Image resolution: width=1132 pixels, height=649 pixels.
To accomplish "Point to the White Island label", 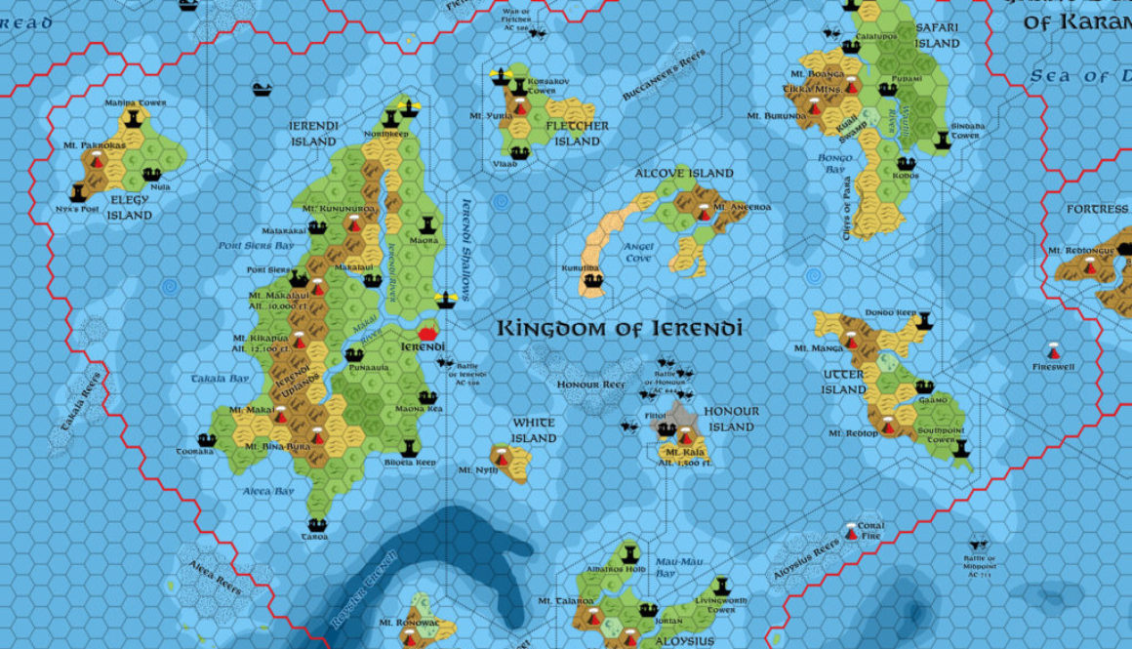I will point(534,430).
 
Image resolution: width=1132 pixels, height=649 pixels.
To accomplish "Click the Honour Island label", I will point(731,419).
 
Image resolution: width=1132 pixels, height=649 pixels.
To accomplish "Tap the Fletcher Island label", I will point(578,134).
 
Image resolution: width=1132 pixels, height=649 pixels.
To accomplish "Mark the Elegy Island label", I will point(130,208).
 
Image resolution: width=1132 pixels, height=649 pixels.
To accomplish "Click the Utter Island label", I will point(843,383).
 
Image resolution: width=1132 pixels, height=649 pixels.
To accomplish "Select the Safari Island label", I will point(937,35).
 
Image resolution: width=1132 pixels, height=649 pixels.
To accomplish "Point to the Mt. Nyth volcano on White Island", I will point(502,456).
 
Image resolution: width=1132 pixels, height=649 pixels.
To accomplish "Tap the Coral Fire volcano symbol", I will point(852,532).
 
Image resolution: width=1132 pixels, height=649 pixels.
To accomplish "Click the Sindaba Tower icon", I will point(942,141).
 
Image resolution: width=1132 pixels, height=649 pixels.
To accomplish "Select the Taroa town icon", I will point(316,525).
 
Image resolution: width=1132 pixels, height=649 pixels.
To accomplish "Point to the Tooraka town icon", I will point(206,440).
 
